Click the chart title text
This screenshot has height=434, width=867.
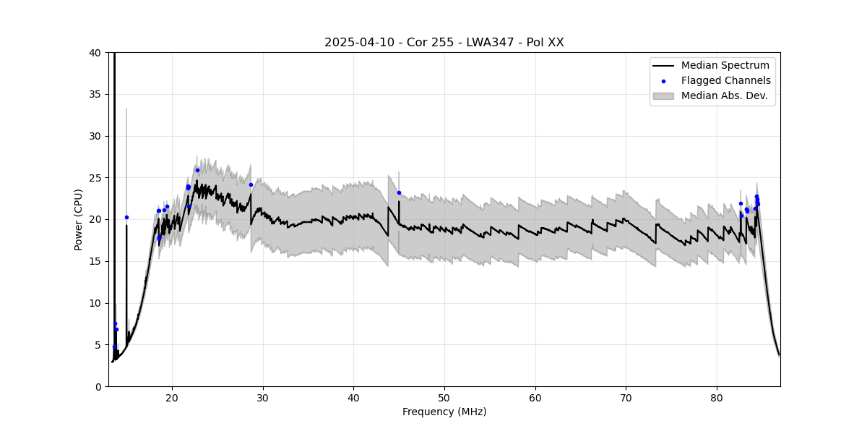444,43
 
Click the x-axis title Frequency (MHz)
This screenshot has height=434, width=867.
444,412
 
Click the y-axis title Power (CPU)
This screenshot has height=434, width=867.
79,219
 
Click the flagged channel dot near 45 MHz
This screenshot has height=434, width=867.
399,192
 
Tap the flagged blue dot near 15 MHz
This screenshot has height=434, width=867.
126,217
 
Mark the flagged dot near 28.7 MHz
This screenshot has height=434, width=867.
251,184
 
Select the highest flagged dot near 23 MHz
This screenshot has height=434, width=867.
197,170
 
